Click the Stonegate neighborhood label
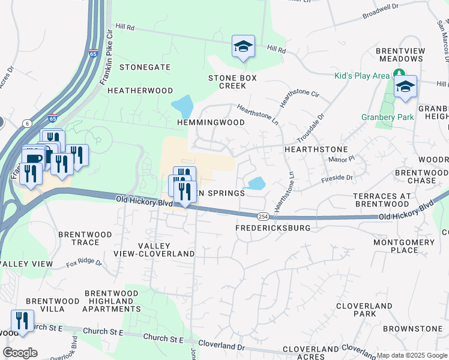pos(145,67)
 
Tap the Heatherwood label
pos(140,91)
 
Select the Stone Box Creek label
pos(232,82)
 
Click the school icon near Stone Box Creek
pos(243,46)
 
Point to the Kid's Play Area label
pos(362,76)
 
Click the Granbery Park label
pos(387,117)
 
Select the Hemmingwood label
pos(211,122)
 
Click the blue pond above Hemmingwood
pos(182,106)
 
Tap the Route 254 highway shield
pos(262,216)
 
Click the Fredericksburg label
pos(273,229)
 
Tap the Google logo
pos(20,353)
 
